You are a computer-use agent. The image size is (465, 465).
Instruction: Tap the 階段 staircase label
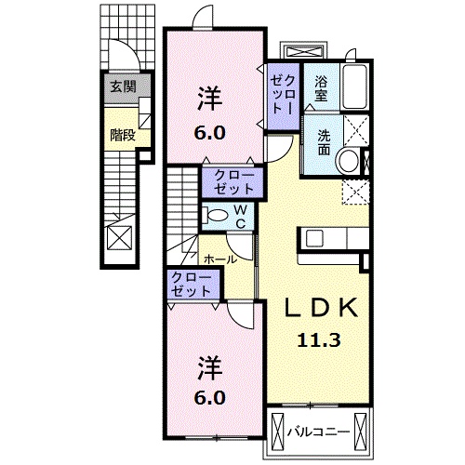123,135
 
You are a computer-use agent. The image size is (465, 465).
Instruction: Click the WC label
239,216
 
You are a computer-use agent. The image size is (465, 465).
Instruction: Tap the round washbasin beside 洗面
350,161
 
